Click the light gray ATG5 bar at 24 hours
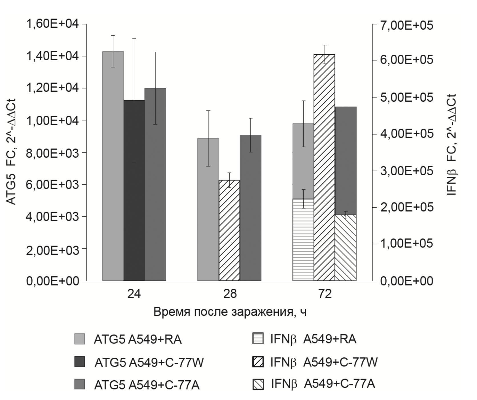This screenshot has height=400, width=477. [113, 166]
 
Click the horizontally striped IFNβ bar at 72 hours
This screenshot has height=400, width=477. [303, 240]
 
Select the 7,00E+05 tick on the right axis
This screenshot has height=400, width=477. [406, 25]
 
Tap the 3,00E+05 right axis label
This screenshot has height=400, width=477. [406, 171]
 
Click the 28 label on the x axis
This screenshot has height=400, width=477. [230, 294]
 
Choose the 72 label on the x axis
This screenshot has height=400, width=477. [325, 294]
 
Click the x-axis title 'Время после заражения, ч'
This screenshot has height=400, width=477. [230, 312]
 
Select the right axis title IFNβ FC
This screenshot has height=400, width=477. [452, 144]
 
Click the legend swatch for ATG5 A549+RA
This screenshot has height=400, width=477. [80, 339]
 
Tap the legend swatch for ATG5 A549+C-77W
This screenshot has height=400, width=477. [80, 361]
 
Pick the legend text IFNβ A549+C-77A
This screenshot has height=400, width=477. [323, 384]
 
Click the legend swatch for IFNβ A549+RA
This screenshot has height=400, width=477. [258, 339]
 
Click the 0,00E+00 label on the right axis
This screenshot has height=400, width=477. [406, 281]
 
